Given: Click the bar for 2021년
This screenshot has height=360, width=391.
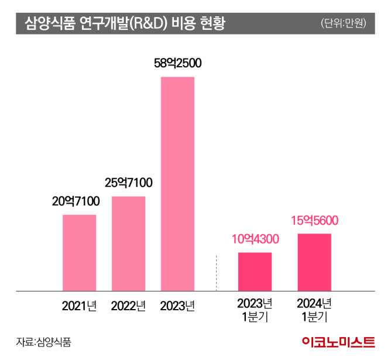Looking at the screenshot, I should [x=79, y=252].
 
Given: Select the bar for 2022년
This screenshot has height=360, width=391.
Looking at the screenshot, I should [x=128, y=243].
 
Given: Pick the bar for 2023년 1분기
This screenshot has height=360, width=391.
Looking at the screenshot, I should [x=255, y=271].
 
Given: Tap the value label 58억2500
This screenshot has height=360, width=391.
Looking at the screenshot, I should [x=177, y=64].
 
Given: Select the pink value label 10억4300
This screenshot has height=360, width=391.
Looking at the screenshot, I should [x=255, y=239].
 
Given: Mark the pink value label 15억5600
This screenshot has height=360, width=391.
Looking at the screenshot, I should [x=315, y=221].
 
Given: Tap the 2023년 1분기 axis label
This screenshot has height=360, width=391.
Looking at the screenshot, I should [x=255, y=310].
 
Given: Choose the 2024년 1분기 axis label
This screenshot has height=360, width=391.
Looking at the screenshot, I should [x=314, y=310].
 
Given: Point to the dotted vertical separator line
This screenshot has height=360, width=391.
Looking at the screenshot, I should [x=217, y=272].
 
